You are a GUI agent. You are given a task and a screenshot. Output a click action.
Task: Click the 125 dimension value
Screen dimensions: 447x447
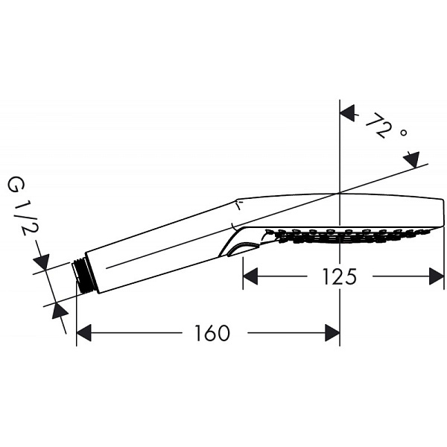coord(340,277)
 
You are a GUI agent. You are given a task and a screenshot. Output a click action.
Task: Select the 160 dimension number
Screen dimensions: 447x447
coord(212,333)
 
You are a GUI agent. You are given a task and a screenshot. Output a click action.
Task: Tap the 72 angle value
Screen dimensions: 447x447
coord(378,127)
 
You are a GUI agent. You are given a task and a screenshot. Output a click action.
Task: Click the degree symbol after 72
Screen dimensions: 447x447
coord(403,133)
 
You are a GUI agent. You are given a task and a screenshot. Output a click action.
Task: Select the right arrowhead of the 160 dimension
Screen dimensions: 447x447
coord(332,333)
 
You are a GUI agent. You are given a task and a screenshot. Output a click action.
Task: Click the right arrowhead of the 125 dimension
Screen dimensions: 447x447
coord(437,277)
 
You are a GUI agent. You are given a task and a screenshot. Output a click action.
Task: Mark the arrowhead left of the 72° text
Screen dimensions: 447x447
coord(348,114)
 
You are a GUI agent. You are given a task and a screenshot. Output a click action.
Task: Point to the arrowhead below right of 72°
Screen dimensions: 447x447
coord(410,159)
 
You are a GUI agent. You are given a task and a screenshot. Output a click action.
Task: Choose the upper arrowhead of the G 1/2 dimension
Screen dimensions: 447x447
coord(42,262)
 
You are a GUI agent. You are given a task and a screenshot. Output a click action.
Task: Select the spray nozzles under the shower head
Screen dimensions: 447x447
coord(350,237)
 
